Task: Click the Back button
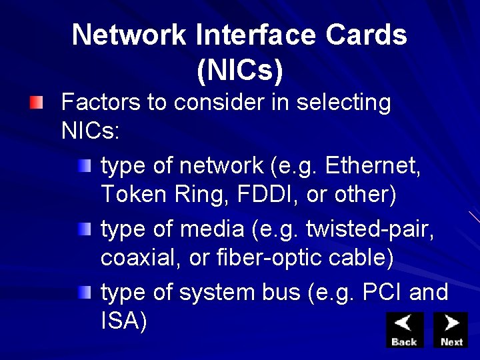405,329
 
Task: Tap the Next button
451,329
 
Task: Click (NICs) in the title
240,71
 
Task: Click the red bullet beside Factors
36,103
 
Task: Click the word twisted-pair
370,228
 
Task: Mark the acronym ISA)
123,321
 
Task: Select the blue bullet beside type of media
83,229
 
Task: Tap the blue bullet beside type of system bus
83,293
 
